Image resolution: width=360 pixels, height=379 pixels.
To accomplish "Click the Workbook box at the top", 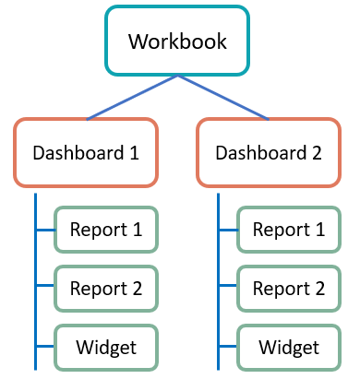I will [x=176, y=41].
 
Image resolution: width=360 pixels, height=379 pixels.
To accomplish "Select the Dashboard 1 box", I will [x=86, y=152].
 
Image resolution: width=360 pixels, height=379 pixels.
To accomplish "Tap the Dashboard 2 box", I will [x=269, y=152].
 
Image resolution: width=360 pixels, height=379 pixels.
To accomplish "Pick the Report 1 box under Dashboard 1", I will [x=104, y=230].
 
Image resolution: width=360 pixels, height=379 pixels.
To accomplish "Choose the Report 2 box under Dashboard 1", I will [x=104, y=289].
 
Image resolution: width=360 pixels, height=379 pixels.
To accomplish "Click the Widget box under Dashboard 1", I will [x=104, y=348].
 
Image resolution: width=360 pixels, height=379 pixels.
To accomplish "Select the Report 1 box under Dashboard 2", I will [x=289, y=230].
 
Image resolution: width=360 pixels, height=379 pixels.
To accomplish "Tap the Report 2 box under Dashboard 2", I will [x=289, y=289].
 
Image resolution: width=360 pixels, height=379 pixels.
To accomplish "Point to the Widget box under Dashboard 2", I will [x=289, y=348].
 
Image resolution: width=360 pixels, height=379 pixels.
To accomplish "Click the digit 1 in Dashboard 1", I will [x=135, y=152].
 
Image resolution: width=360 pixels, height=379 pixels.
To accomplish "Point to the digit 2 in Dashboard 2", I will [x=317, y=152].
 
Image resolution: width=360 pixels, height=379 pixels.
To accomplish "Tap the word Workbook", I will [x=176, y=41].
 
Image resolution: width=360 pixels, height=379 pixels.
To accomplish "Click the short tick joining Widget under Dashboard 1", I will [x=45, y=348].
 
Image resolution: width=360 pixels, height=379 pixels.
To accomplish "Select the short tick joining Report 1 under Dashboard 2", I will [x=228, y=230].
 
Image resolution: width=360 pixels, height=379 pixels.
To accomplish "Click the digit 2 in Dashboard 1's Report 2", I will [x=137, y=289].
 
